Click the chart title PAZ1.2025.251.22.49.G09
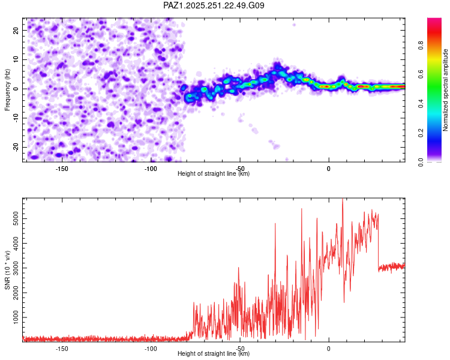(214, 5)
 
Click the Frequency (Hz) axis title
(7, 90)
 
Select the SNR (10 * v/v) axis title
(7, 270)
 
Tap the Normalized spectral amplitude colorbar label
(445, 90)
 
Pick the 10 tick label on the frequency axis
(16, 59)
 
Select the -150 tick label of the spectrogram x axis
(62, 169)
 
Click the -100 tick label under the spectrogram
(151, 169)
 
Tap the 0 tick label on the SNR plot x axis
(329, 349)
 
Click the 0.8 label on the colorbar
(421, 45)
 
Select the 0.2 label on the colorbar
(421, 133)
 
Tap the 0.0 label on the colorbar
(421, 162)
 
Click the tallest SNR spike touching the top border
(343, 201)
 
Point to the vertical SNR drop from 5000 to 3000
(379, 242)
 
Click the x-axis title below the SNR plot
(214, 353)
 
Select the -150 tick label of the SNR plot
(62, 349)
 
